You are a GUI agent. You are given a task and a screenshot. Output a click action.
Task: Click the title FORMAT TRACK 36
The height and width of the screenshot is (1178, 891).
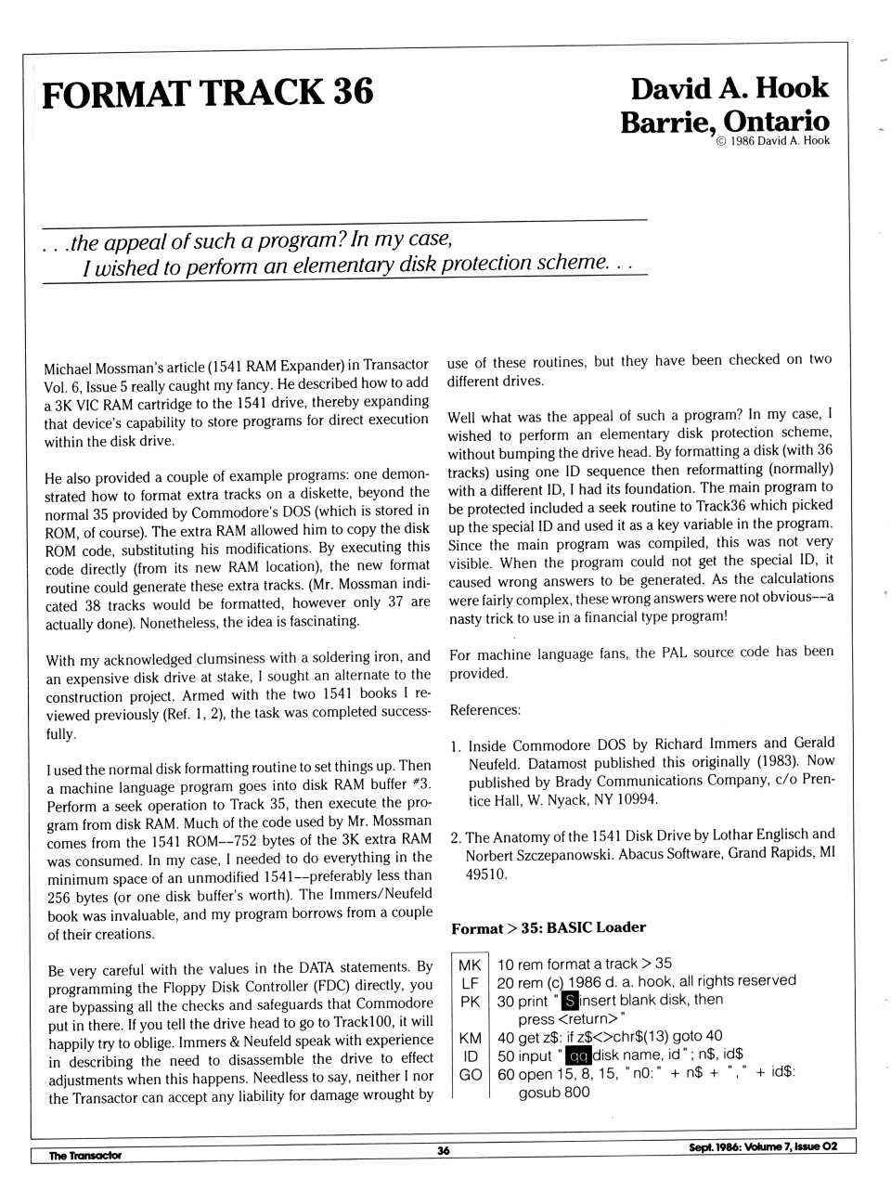point(207,94)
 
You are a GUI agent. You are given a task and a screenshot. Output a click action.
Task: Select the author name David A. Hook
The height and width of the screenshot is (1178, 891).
point(729,89)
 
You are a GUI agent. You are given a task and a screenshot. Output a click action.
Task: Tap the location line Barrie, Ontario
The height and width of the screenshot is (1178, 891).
point(725,122)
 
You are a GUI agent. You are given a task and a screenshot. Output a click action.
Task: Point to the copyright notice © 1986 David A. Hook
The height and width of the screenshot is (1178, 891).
point(772,141)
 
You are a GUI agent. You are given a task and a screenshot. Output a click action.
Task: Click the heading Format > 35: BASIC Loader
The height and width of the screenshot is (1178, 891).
point(548,927)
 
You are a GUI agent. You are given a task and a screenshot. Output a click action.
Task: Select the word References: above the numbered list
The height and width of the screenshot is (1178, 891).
point(484,710)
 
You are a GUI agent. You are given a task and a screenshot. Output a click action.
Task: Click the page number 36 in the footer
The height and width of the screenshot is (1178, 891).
point(444,1150)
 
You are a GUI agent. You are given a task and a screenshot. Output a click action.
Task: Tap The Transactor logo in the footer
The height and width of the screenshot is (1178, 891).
point(84,1156)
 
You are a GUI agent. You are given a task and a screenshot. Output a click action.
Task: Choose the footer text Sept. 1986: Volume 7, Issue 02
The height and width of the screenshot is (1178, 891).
point(762,1146)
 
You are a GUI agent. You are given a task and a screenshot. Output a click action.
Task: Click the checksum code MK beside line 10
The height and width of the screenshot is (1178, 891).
point(470,964)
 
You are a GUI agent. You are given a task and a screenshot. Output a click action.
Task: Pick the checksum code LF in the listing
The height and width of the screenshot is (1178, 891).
point(470,982)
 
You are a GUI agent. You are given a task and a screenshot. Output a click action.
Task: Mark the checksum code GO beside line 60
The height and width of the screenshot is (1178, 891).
point(470,1074)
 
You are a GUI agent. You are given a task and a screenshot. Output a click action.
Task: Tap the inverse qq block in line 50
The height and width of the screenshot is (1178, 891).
point(578,1055)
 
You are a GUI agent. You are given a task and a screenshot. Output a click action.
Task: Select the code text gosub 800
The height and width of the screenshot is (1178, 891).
point(553,1093)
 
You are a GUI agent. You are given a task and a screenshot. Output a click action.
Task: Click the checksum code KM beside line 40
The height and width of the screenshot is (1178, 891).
point(470,1038)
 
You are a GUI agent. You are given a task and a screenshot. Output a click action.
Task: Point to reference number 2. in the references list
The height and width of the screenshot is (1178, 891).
point(456,837)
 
